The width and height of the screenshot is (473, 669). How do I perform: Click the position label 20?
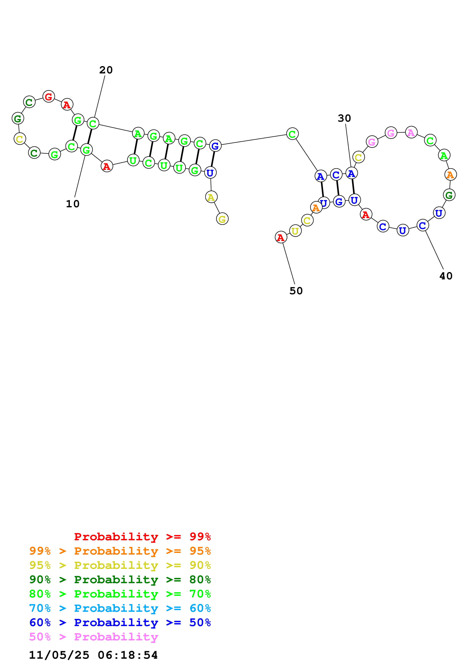pos(106,70)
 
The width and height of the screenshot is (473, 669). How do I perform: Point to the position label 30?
pos(344,118)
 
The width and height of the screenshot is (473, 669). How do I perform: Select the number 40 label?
pos(446,276)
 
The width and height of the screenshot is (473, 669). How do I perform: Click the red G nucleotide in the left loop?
pos(49,96)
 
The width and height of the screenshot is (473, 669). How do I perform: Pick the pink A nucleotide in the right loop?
pos(411,133)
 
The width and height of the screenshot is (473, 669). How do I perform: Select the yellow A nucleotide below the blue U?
pos(211,197)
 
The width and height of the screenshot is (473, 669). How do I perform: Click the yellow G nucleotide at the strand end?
pos(222,219)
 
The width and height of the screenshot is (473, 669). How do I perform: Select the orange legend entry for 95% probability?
pos(120,551)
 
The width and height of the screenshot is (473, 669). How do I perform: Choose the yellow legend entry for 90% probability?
pos(120,565)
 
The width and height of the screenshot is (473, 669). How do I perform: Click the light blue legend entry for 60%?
pos(120,608)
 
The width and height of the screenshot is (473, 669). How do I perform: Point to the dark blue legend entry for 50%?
pos(120,622)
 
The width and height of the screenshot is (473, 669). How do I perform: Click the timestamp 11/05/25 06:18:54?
pos(93,655)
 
